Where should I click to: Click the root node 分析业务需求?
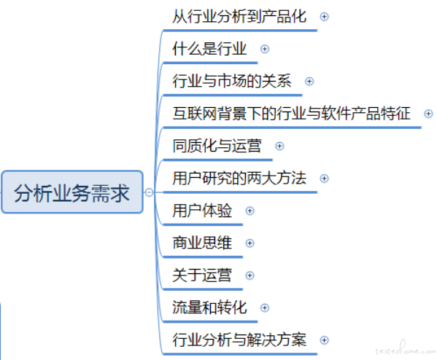(72, 192)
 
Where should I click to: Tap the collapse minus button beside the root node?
(149, 192)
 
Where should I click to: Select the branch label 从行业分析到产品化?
(239, 17)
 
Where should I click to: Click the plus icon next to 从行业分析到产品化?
(324, 17)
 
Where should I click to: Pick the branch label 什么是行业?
(209, 49)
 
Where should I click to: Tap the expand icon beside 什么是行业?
(265, 49)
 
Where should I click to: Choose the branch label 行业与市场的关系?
(232, 81)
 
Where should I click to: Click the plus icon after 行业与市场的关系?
(309, 82)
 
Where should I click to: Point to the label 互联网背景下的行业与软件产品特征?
(292, 113)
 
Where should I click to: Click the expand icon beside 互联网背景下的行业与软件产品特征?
(428, 114)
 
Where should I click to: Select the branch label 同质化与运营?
(217, 146)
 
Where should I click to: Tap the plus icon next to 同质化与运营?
(279, 146)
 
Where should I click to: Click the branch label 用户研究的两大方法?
(239, 178)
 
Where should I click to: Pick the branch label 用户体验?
(202, 210)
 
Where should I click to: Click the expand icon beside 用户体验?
(250, 211)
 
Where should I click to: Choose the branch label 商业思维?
(202, 243)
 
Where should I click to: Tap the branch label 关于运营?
(202, 275)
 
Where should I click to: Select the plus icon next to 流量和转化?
(265, 308)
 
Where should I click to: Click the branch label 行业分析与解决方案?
(239, 340)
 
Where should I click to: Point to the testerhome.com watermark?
(406, 349)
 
